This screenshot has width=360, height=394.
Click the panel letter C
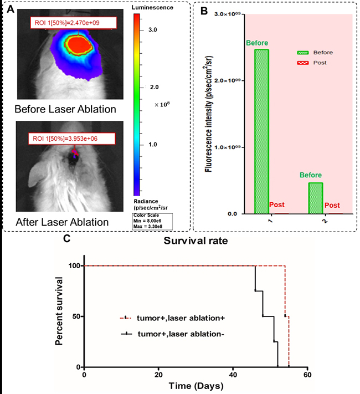coord(66,239)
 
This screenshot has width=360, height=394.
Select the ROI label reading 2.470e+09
coord(73,23)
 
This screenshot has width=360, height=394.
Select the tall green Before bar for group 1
coord(261,131)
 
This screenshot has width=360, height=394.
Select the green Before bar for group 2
coord(314,197)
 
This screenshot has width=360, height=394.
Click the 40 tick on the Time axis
coord(233,375)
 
